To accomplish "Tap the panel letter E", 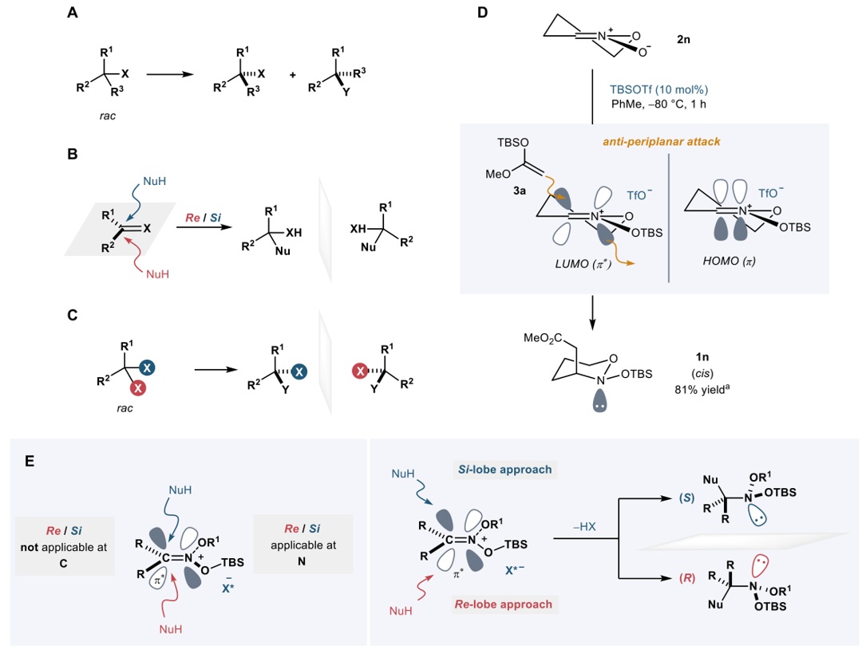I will coord(29,459).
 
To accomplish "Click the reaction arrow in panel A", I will coord(170,74).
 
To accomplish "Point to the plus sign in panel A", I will coord(293,75).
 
